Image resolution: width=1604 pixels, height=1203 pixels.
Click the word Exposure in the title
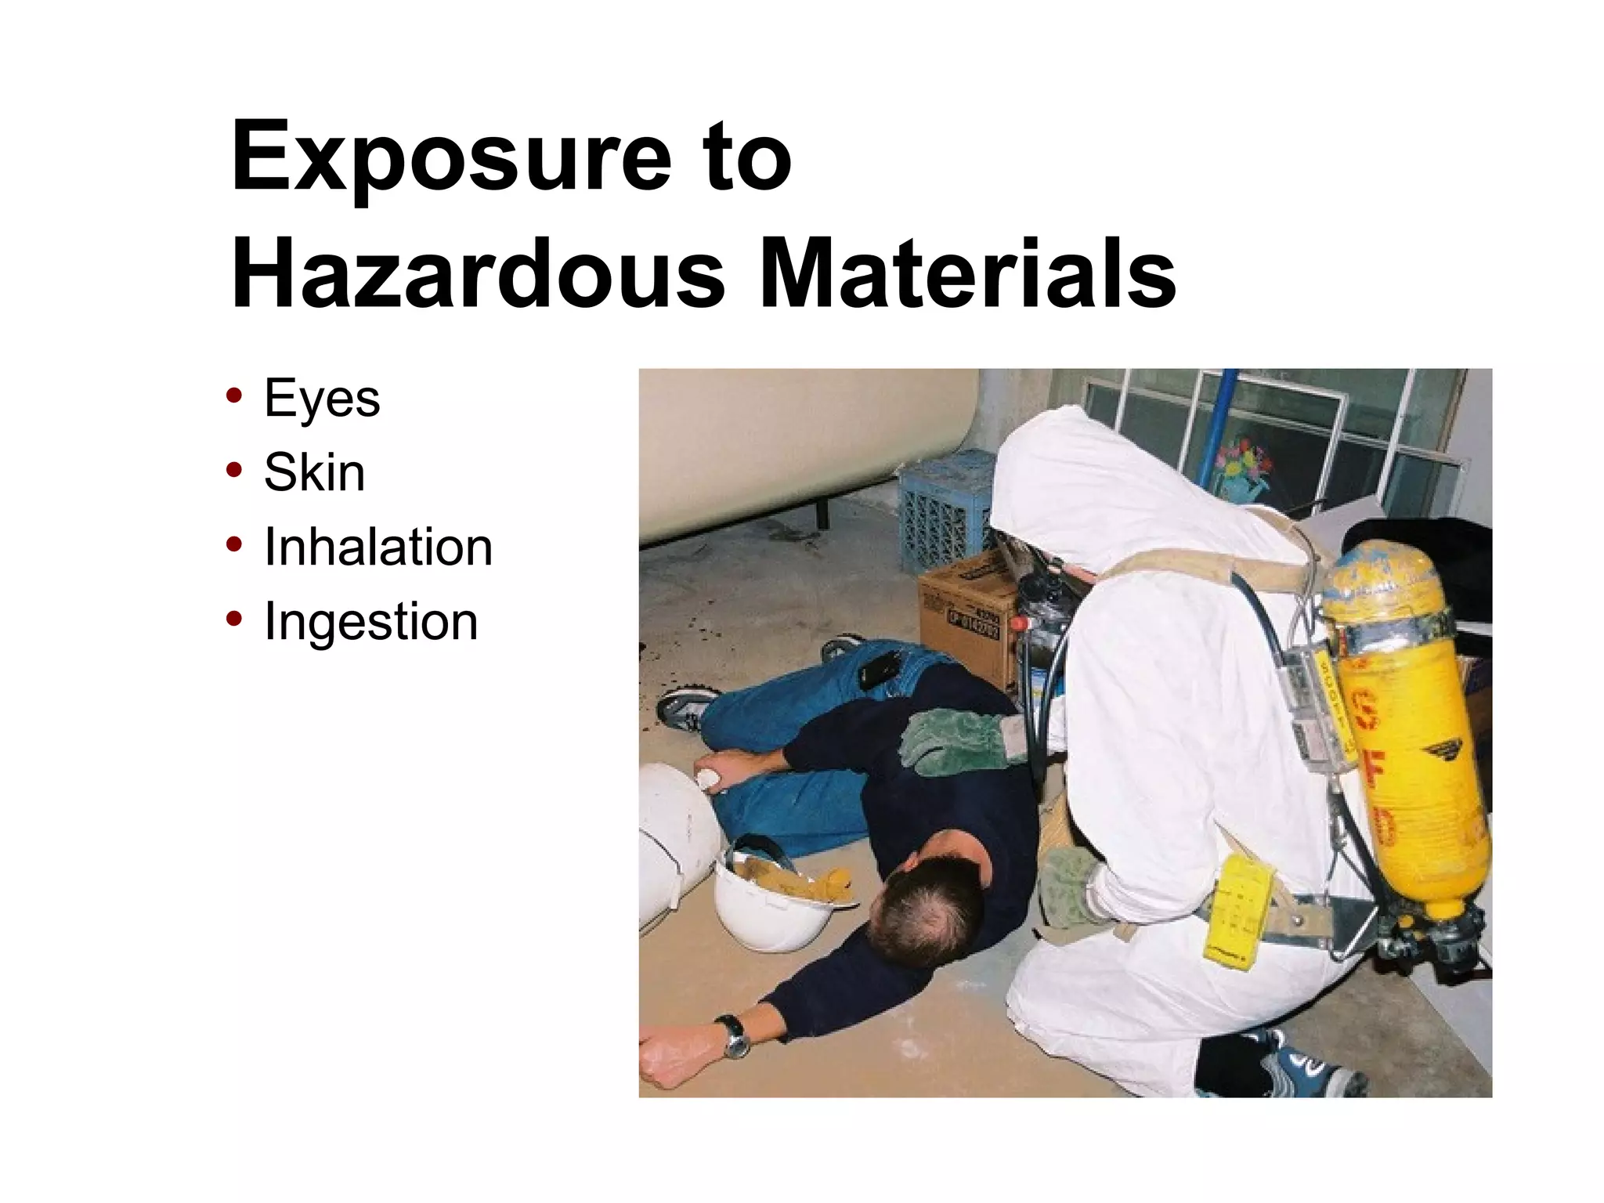(x=451, y=157)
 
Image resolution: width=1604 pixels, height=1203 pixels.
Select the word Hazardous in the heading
(x=478, y=274)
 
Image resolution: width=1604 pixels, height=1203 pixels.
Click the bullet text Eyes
(x=322, y=399)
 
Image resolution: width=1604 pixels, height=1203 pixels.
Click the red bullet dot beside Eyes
(x=233, y=395)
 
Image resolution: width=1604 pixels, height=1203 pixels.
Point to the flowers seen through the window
(x=1245, y=462)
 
